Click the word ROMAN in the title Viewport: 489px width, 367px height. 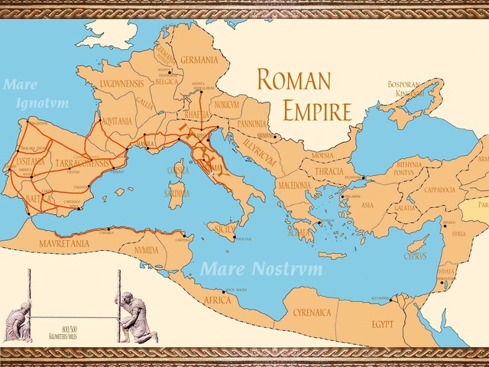pos(293,80)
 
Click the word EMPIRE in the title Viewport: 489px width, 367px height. pos(317,112)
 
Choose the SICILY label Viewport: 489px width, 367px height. pos(223,229)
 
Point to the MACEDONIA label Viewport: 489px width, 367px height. pos(293,185)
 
